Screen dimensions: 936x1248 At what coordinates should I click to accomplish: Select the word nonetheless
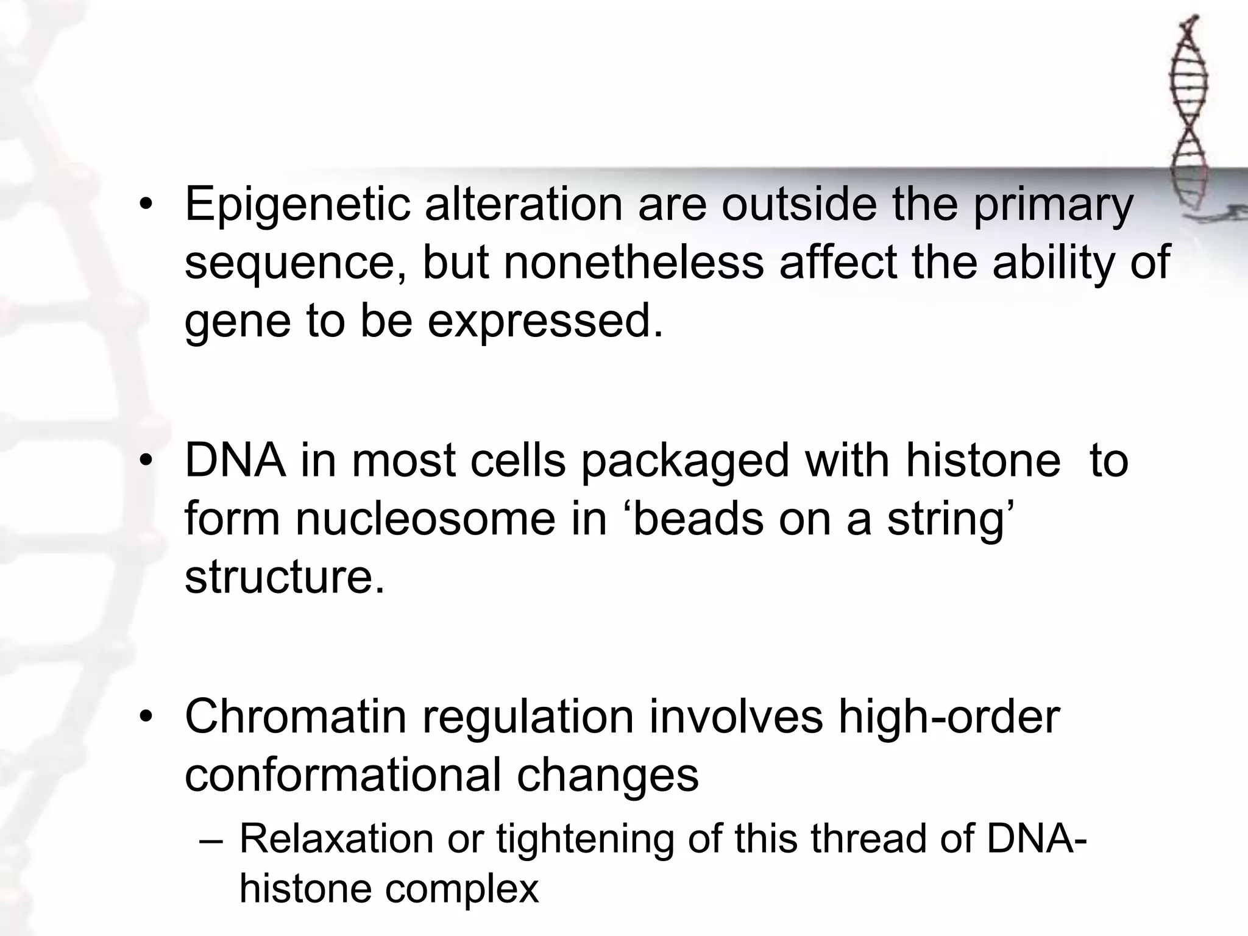pos(634,263)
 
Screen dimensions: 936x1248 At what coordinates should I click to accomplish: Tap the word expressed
pos(545,322)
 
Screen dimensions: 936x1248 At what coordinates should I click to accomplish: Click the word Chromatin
pos(296,717)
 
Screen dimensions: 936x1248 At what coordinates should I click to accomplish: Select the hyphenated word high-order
pos(949,717)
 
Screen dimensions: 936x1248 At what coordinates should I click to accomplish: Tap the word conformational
pos(343,775)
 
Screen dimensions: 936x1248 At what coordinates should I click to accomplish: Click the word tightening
pos(585,839)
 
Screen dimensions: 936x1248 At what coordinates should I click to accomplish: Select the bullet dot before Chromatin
pos(145,718)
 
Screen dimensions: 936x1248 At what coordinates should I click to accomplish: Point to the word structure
pos(285,576)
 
